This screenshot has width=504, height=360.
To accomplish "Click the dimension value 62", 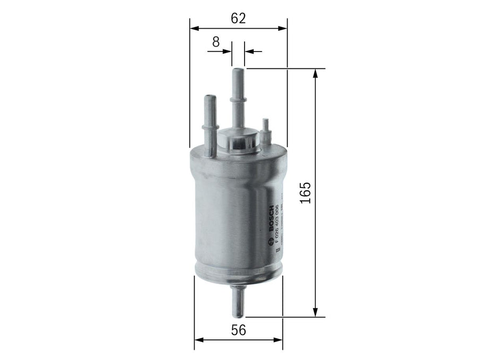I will [238, 18].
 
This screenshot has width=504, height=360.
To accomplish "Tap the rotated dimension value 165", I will [304, 193].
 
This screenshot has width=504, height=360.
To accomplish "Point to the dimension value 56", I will [239, 330].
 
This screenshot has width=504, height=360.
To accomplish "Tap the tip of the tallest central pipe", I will [238, 71].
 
